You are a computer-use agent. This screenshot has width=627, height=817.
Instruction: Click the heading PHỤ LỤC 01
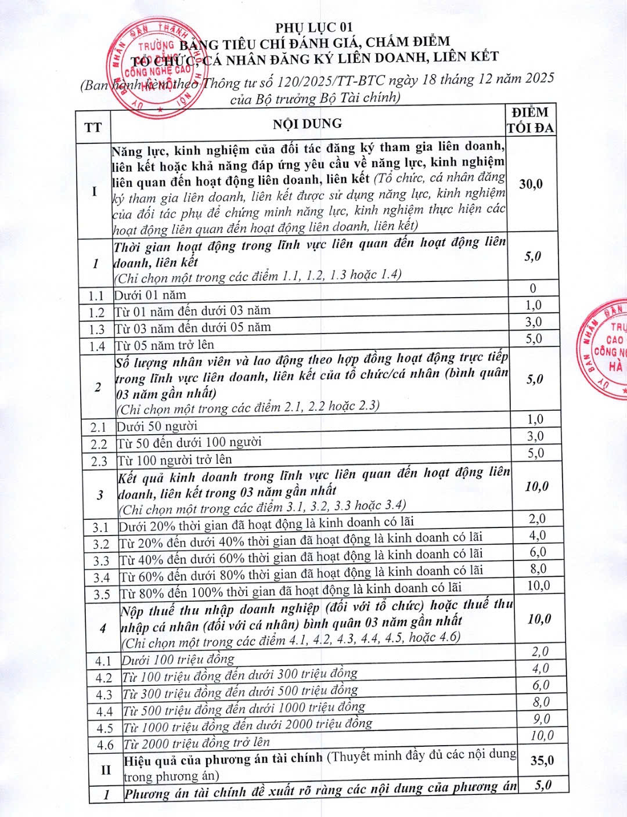coord(313,26)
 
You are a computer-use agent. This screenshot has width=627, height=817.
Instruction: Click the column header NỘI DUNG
coord(308,123)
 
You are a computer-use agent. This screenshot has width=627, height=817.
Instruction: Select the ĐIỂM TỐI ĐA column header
coord(531,120)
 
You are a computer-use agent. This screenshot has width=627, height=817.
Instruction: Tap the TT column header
coord(93,127)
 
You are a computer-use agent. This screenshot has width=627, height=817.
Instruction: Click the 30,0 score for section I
coord(531,184)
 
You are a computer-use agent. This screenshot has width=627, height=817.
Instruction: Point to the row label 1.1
coord(96,296)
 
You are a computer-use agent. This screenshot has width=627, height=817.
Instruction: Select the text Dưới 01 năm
coord(150,295)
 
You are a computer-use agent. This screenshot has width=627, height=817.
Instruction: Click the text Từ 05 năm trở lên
coord(164,345)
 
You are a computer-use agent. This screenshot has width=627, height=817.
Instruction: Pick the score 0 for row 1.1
coord(533,288)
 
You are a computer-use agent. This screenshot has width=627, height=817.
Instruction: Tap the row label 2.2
coord(99,444)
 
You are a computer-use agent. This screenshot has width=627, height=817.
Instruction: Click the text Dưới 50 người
coord(157,426)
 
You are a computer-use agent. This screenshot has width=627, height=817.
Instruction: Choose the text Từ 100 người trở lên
coord(175,460)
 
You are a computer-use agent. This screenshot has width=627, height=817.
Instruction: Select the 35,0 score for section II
coord(542,760)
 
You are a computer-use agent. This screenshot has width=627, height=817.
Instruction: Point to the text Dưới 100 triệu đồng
coord(178,659)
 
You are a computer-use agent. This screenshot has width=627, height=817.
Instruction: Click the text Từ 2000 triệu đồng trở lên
coord(197,743)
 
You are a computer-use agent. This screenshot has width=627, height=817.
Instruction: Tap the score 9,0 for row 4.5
coord(541,719)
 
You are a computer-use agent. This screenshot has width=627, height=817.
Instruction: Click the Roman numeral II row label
coord(106,770)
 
